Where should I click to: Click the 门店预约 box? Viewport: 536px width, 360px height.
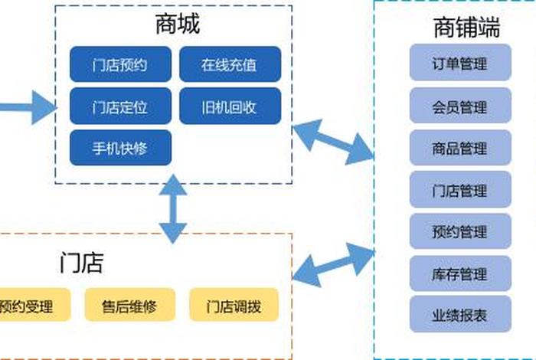tap(120, 65)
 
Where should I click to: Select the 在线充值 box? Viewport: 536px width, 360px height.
tap(230, 65)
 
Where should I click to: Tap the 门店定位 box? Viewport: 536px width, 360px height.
tap(120, 106)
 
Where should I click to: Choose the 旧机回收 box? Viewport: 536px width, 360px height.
tap(230, 106)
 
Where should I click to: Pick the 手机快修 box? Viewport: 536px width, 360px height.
tap(120, 148)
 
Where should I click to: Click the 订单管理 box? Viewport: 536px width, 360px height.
tap(459, 64)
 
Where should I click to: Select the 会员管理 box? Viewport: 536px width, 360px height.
tap(459, 106)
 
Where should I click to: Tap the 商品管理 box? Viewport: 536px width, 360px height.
tap(459, 148)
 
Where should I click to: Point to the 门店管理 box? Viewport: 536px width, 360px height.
tap(459, 190)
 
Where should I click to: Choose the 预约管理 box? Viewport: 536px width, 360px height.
tap(459, 231)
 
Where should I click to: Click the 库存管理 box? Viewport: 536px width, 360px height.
tap(459, 273)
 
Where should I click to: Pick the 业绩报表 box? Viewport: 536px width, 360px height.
tap(459, 314)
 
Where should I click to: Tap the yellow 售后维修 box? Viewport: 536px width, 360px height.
tap(129, 306)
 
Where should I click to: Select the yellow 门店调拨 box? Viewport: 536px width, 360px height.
tap(234, 306)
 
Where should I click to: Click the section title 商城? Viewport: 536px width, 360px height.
tap(177, 25)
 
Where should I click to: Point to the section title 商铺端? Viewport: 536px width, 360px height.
tap(466, 28)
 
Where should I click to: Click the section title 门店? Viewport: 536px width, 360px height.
tap(81, 263)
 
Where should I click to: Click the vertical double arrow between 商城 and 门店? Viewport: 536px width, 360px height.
tap(173, 208)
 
